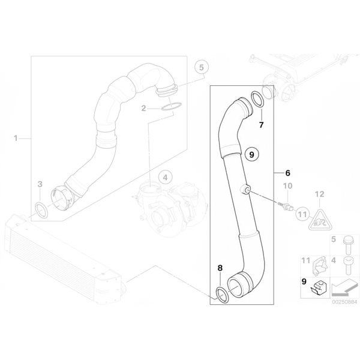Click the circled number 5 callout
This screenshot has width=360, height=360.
[x=202, y=67]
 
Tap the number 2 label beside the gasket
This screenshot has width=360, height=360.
[x=143, y=108]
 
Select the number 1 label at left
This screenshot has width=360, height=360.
[x=16, y=139]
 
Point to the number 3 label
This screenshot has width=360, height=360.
[x=40, y=184]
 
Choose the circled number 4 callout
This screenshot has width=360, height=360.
[x=165, y=177]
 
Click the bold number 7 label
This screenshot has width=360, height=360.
[x=261, y=125]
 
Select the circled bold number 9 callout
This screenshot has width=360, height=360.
[x=252, y=155]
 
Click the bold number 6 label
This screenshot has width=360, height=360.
[x=287, y=173]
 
